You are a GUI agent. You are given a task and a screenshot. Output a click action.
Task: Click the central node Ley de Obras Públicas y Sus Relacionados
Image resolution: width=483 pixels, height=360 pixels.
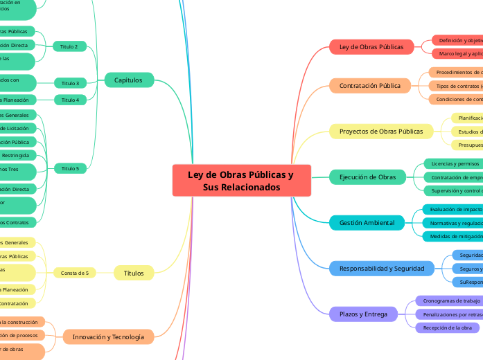[x=240, y=181]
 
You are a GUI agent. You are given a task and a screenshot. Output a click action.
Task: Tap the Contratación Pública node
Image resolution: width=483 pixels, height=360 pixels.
[x=370, y=86]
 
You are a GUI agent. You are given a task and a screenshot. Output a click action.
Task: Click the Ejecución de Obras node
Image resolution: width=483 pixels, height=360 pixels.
[x=368, y=177]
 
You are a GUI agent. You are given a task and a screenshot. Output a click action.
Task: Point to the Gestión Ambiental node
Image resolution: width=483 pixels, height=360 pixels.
[x=367, y=223]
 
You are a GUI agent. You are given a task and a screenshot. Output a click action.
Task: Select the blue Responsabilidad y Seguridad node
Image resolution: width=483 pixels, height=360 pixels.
[x=382, y=268]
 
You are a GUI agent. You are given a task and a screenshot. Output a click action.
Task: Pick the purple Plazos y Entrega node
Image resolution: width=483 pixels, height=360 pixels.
[x=364, y=314]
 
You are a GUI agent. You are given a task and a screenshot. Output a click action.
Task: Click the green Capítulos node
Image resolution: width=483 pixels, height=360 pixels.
[x=128, y=80]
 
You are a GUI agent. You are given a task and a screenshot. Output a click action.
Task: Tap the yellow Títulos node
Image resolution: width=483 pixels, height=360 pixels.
[x=134, y=273]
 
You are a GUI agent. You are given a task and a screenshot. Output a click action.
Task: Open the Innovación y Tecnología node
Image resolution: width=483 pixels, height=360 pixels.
[x=108, y=337]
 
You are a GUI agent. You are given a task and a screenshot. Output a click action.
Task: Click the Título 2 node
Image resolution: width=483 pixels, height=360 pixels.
[x=69, y=46]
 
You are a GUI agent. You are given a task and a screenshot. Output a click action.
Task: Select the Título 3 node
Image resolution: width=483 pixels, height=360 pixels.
[x=70, y=83]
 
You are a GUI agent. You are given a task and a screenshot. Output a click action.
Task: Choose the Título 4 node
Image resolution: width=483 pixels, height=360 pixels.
[x=70, y=100]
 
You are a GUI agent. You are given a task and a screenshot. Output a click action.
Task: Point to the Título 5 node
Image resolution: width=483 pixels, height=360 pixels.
[x=70, y=168]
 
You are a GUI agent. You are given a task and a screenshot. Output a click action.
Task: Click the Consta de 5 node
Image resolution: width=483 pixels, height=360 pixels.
[x=74, y=273]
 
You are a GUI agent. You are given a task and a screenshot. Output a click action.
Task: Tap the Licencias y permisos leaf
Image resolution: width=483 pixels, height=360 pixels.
[x=455, y=164]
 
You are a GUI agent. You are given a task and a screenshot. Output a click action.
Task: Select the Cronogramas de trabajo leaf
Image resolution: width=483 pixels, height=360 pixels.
[x=451, y=301]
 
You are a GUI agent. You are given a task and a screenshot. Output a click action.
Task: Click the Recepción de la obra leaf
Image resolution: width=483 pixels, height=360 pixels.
[x=447, y=327]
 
